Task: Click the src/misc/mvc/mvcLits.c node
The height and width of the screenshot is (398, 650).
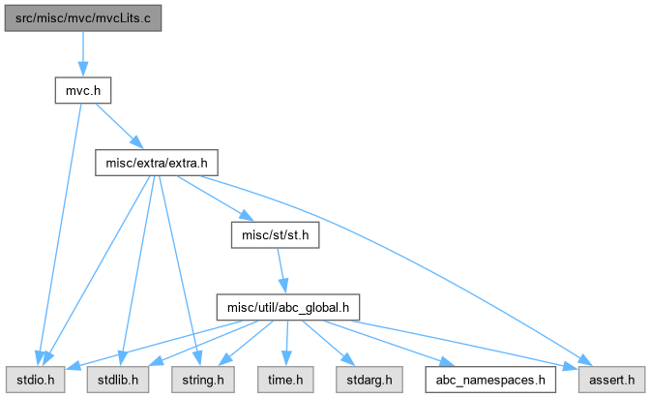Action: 83,18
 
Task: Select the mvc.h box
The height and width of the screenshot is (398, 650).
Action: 83,90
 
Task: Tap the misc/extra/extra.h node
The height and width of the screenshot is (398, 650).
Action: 157,163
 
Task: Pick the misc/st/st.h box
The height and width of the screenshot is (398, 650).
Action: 276,235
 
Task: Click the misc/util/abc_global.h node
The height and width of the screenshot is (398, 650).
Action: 288,308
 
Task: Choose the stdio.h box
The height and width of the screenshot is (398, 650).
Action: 35,380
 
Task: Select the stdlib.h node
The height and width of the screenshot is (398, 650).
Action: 118,380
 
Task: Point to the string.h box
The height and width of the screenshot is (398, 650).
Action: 203,380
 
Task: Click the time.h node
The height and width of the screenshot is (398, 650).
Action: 285,380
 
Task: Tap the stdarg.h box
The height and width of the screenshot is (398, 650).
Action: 369,380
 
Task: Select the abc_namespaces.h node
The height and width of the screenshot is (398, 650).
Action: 490,380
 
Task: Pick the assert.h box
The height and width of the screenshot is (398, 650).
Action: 612,380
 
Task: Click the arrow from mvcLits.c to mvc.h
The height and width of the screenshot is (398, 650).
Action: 83,54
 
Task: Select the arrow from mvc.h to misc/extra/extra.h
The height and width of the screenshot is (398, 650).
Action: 120,126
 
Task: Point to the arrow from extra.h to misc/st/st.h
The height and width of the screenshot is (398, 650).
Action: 216,199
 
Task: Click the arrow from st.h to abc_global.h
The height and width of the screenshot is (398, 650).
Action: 281,271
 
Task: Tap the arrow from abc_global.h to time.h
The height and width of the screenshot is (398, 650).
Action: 287,343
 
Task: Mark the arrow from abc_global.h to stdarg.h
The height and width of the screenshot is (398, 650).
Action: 329,343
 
